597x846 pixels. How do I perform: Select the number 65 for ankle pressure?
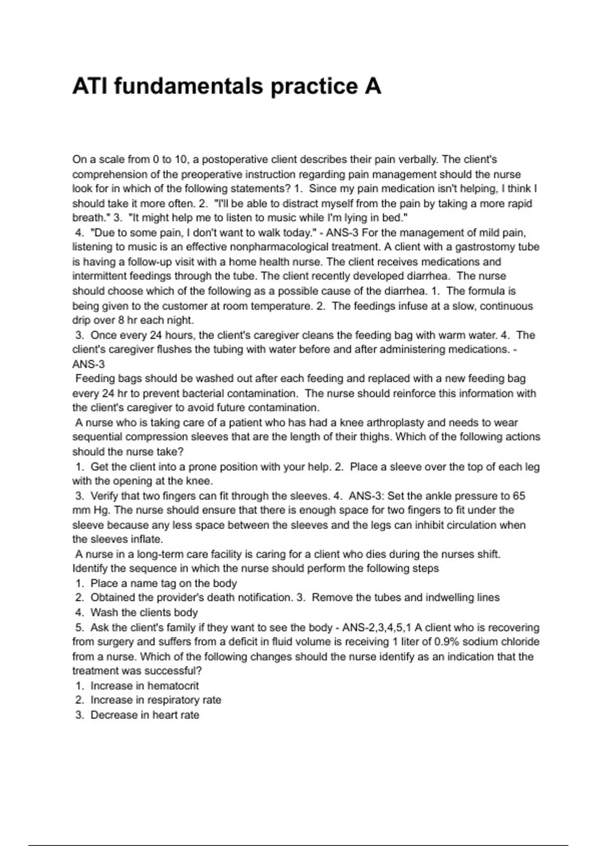[519, 496]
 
